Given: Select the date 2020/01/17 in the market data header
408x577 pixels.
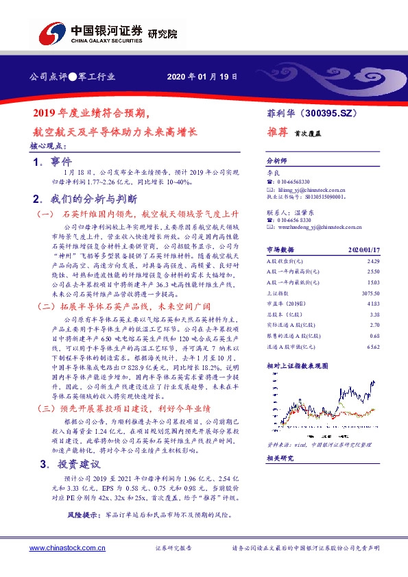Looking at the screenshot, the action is (x=364, y=251).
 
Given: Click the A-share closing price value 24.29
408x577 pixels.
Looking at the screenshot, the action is (x=372, y=261).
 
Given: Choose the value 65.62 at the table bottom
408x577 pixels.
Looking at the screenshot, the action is (x=372, y=347).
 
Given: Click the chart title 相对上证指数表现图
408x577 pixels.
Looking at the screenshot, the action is (x=296, y=367).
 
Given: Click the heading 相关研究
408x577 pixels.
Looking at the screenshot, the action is (x=279, y=458).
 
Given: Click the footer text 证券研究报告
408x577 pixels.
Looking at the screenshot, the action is (x=174, y=549).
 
